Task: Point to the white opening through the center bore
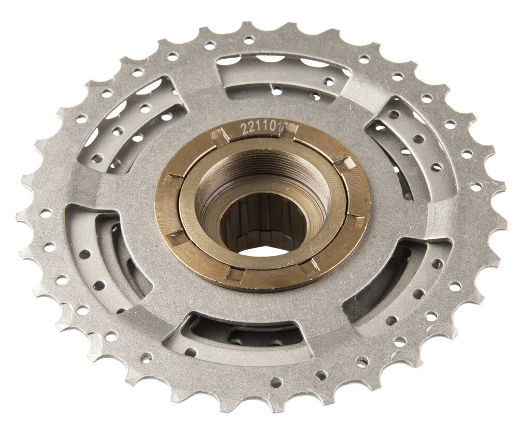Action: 264,251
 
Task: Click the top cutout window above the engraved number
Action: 283,78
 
